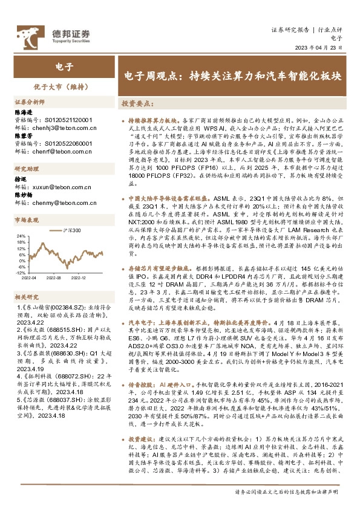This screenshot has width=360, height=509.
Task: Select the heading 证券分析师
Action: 30,102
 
